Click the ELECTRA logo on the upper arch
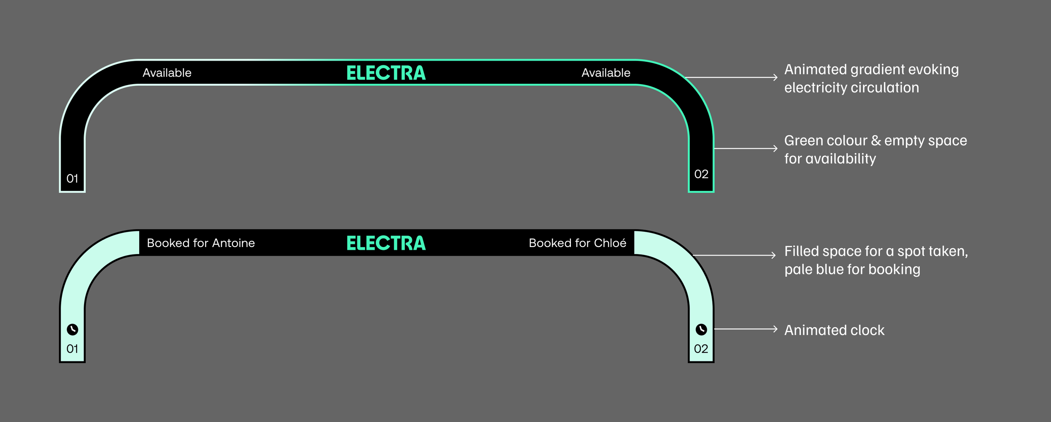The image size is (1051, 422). (386, 73)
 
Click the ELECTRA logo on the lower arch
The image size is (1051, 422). (386, 243)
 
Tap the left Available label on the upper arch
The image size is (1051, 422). (167, 73)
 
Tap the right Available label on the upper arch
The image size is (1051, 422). (606, 73)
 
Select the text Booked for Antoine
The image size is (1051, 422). (201, 243)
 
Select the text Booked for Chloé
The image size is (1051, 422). (577, 243)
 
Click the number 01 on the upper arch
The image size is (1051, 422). (72, 179)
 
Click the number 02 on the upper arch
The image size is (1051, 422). (701, 174)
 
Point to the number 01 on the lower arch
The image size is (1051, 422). (72, 349)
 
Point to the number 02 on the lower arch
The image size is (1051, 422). (701, 349)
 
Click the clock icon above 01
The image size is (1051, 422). (72, 329)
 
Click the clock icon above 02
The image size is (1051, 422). (701, 329)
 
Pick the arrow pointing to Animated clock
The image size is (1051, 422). (745, 329)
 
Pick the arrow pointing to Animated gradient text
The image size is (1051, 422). (731, 77)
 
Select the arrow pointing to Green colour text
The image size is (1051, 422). (745, 149)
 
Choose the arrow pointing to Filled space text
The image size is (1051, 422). (734, 255)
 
